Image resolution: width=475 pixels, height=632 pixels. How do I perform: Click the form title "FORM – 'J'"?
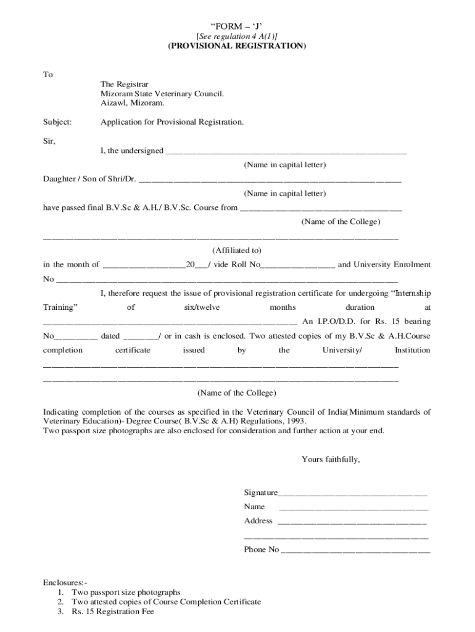[237, 26]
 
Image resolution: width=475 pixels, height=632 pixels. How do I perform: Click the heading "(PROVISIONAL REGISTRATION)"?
[237, 46]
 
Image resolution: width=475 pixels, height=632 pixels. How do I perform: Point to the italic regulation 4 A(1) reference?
[237, 36]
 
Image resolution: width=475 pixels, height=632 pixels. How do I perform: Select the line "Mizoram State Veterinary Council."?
[162, 94]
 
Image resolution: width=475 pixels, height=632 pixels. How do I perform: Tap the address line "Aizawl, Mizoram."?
[133, 103]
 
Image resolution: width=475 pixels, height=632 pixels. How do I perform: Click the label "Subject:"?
[57, 122]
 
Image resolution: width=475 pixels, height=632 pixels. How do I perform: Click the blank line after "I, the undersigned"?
[286, 151]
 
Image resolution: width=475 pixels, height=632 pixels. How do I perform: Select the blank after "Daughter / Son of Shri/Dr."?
[270, 180]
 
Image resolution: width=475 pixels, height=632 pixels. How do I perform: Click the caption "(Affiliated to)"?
[237, 251]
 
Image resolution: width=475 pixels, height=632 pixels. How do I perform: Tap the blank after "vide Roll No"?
[299, 265]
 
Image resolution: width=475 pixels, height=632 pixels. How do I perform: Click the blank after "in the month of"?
[144, 265]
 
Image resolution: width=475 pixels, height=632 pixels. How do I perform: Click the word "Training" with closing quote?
[60, 307]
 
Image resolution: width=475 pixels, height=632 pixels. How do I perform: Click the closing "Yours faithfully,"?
[331, 459]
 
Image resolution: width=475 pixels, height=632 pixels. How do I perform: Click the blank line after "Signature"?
[352, 493]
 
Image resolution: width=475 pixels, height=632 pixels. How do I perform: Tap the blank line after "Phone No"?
[356, 550]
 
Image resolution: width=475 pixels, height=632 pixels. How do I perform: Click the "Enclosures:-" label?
[65, 583]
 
